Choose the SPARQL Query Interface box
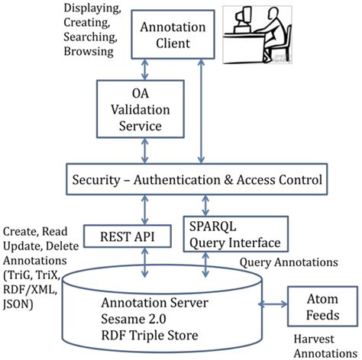click(237, 236)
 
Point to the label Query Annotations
click(288, 262)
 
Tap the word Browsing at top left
click(83, 53)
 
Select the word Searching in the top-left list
click(86, 37)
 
